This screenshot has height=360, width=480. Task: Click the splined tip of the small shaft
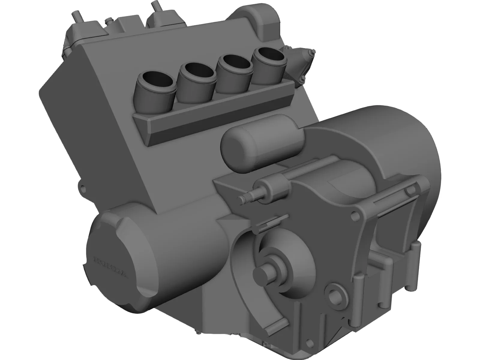click(x=244, y=198)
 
